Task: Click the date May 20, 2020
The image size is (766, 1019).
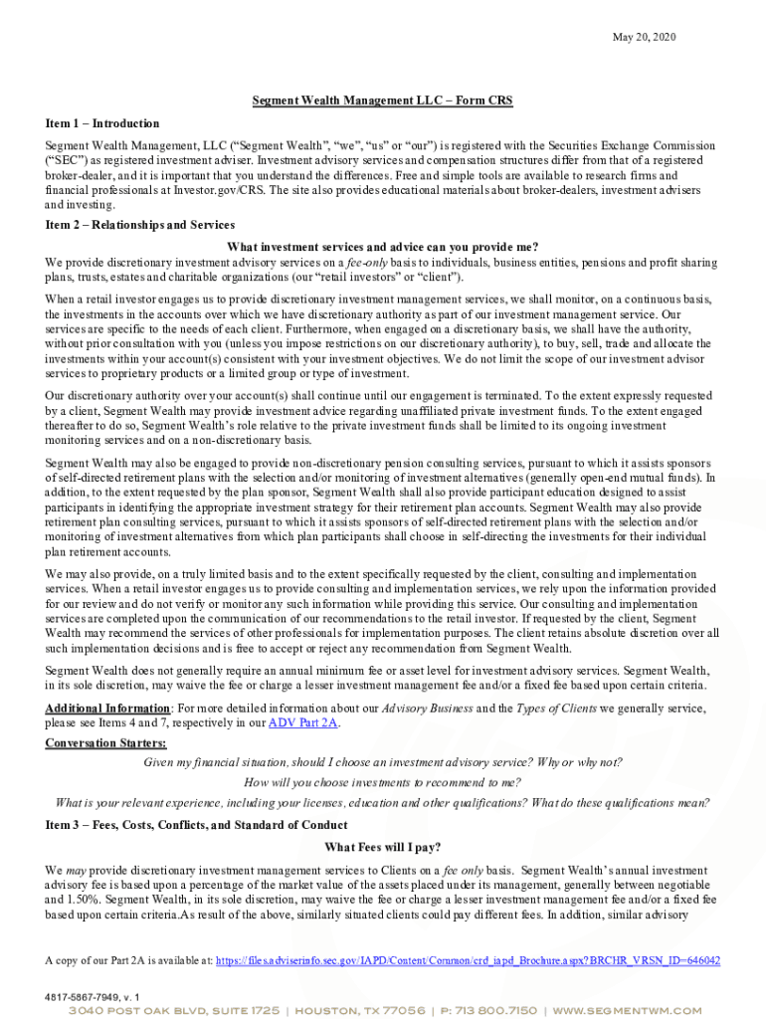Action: point(644,37)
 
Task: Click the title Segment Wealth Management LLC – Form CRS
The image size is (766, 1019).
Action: point(382,101)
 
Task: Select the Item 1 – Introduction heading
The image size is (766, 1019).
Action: point(102,123)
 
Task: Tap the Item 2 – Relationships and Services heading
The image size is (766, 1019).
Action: point(140,224)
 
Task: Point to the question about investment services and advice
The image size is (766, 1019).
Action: point(382,247)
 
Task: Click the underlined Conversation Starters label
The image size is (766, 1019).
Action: point(106,743)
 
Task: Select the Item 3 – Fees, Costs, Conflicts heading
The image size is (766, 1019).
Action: point(197,825)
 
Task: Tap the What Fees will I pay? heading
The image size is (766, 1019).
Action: point(382,848)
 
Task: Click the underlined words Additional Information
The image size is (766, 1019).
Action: point(107,708)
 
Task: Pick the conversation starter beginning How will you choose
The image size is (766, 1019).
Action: point(382,782)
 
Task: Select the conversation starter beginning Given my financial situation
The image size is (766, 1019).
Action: point(382,762)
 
